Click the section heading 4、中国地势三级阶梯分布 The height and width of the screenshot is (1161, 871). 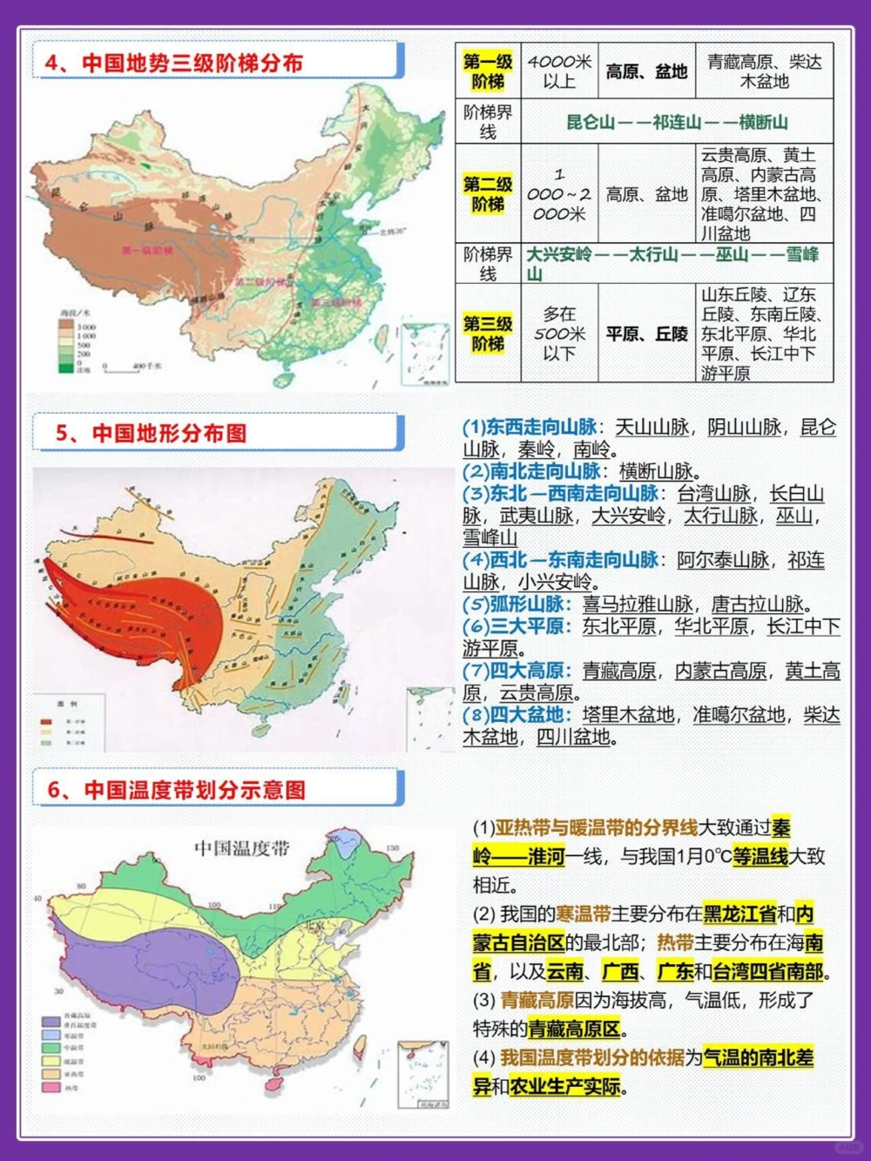tap(174, 63)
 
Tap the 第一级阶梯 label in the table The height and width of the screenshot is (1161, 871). tap(488, 71)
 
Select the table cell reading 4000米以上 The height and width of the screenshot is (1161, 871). tap(559, 71)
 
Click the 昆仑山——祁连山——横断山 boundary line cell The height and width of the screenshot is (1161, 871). tap(677, 122)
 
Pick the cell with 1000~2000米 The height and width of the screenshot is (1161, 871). tap(559, 193)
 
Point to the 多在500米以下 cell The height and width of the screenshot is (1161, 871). tap(559, 334)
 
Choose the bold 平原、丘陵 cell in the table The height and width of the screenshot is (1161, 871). tap(647, 334)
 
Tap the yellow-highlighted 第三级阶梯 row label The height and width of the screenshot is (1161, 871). tap(488, 334)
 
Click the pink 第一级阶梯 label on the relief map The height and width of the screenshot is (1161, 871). tap(147, 250)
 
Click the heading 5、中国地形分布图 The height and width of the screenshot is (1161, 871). tap(152, 433)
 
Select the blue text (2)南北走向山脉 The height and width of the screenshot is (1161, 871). tap(531, 471)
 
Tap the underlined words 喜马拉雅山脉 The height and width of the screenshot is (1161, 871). tap(638, 604)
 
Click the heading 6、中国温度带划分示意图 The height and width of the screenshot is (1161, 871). tap(177, 790)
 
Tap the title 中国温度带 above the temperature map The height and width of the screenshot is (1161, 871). tap(241, 848)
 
